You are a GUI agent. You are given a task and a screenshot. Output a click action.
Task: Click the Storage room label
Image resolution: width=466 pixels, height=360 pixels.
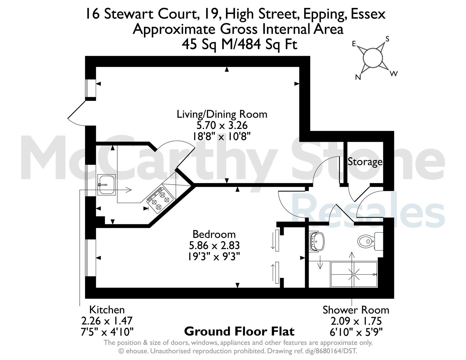click(x=365, y=162)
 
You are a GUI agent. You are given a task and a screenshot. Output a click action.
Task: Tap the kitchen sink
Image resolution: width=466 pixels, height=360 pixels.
click(x=106, y=185)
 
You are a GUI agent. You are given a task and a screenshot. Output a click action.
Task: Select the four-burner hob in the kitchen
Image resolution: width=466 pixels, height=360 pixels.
click(x=160, y=200)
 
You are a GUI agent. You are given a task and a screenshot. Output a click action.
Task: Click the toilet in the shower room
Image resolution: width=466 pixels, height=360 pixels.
click(x=370, y=241)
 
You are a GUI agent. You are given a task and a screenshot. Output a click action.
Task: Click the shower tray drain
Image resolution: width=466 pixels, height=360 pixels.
click(x=354, y=274)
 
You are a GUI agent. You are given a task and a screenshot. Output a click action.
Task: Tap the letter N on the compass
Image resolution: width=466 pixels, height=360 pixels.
click(x=358, y=77)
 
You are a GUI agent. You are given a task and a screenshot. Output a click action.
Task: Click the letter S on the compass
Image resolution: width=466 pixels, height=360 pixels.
click(x=387, y=39)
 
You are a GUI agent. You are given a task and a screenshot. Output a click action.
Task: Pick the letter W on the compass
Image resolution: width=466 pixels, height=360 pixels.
click(x=394, y=74)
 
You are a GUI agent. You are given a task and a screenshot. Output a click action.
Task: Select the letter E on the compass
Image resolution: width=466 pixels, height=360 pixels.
click(x=354, y=44)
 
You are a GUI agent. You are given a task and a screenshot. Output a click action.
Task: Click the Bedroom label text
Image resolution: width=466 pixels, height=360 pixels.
click(x=214, y=234)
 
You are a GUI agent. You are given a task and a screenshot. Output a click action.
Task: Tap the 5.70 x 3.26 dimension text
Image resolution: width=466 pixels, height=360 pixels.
click(x=222, y=125)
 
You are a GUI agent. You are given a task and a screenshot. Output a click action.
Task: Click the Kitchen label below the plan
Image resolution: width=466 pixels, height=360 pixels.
click(x=107, y=310)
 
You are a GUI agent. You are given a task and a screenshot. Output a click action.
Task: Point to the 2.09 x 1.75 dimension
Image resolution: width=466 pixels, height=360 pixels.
click(x=356, y=321)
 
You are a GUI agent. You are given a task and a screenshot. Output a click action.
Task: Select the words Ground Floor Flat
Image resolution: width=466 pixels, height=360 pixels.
click(x=239, y=331)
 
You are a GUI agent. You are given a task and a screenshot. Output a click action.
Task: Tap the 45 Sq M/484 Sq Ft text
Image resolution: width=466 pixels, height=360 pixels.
click(x=240, y=45)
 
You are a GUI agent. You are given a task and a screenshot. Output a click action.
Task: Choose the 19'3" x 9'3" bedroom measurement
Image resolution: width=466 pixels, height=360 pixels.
click(x=214, y=256)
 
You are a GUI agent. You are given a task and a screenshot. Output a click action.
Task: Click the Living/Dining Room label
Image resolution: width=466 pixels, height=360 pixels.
click(x=222, y=114)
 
